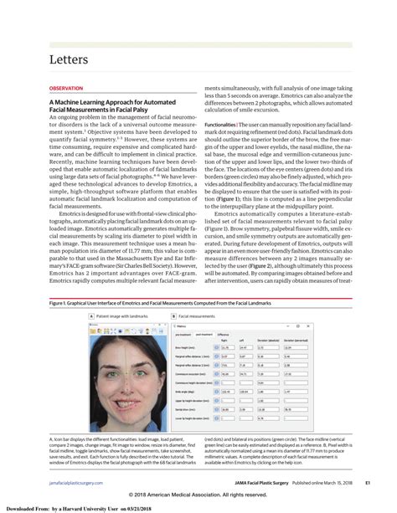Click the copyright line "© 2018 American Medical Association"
coord(198,493)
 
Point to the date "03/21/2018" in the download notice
coord(165,507)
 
